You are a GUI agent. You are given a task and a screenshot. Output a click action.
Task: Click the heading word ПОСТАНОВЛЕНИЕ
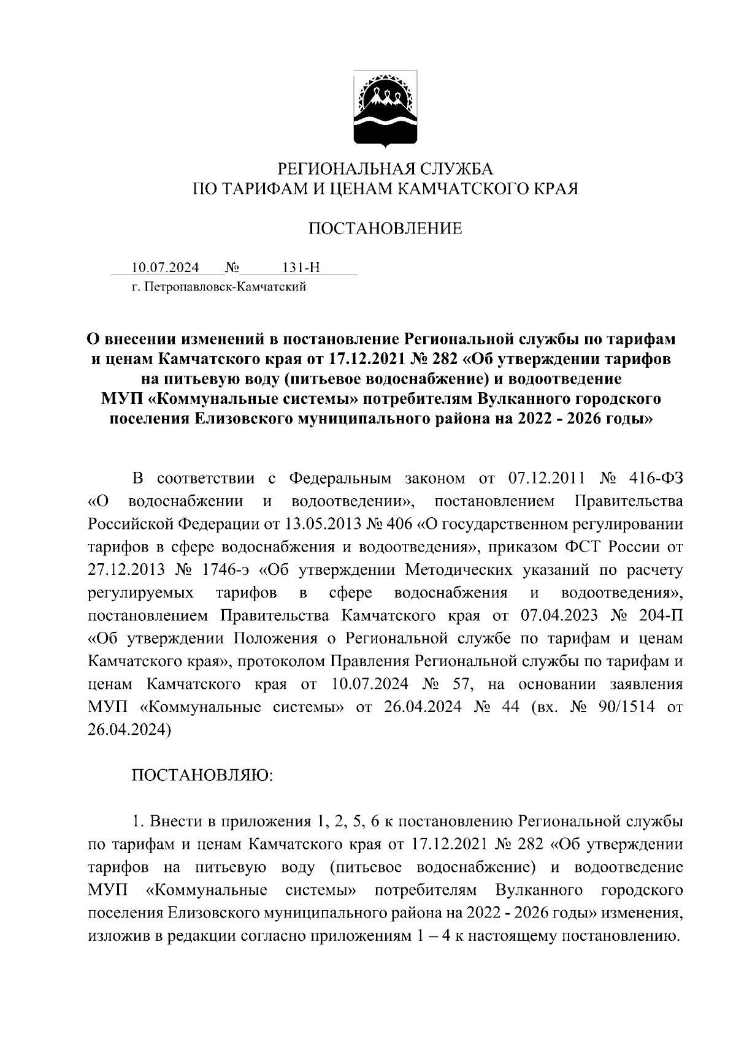tap(385, 229)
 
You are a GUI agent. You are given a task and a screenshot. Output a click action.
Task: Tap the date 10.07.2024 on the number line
tap(165, 268)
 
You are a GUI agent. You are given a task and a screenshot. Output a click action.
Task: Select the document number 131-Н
tap(301, 268)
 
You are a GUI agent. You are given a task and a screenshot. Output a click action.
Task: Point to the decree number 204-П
tap(657, 615)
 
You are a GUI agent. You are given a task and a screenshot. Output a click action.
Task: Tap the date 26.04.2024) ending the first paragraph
tap(129, 729)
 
